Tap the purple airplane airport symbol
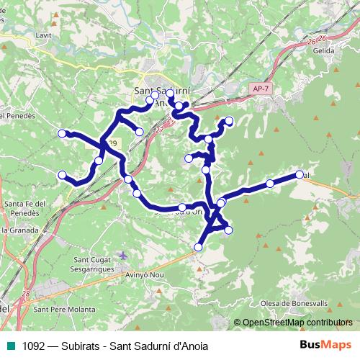click(x=123, y=256)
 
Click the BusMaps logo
click(x=325, y=344)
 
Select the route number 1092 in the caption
click(x=34, y=346)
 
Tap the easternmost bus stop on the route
click(x=300, y=174)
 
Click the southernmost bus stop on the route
click(x=198, y=248)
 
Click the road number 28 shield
click(x=26, y=294)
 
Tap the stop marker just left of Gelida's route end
click(x=270, y=184)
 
